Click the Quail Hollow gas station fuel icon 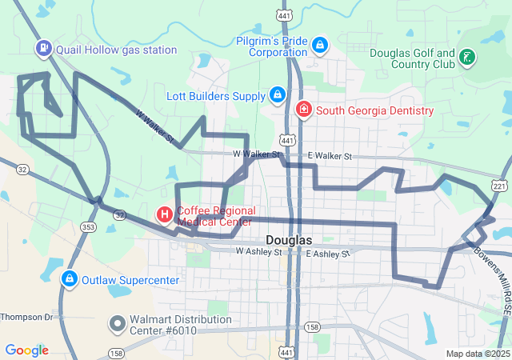[x=42, y=49]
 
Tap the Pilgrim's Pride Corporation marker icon [x=320, y=45]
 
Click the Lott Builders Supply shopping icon [x=277, y=95]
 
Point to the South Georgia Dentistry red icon [x=304, y=110]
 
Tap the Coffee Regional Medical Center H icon [x=164, y=214]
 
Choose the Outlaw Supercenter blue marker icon [x=70, y=279]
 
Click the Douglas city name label [x=288, y=240]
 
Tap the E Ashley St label [x=329, y=253]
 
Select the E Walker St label [x=329, y=156]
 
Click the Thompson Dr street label [x=26, y=317]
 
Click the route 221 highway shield [x=500, y=186]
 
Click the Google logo [x=26, y=350]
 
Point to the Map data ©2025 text [x=477, y=354]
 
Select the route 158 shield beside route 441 [x=312, y=327]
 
